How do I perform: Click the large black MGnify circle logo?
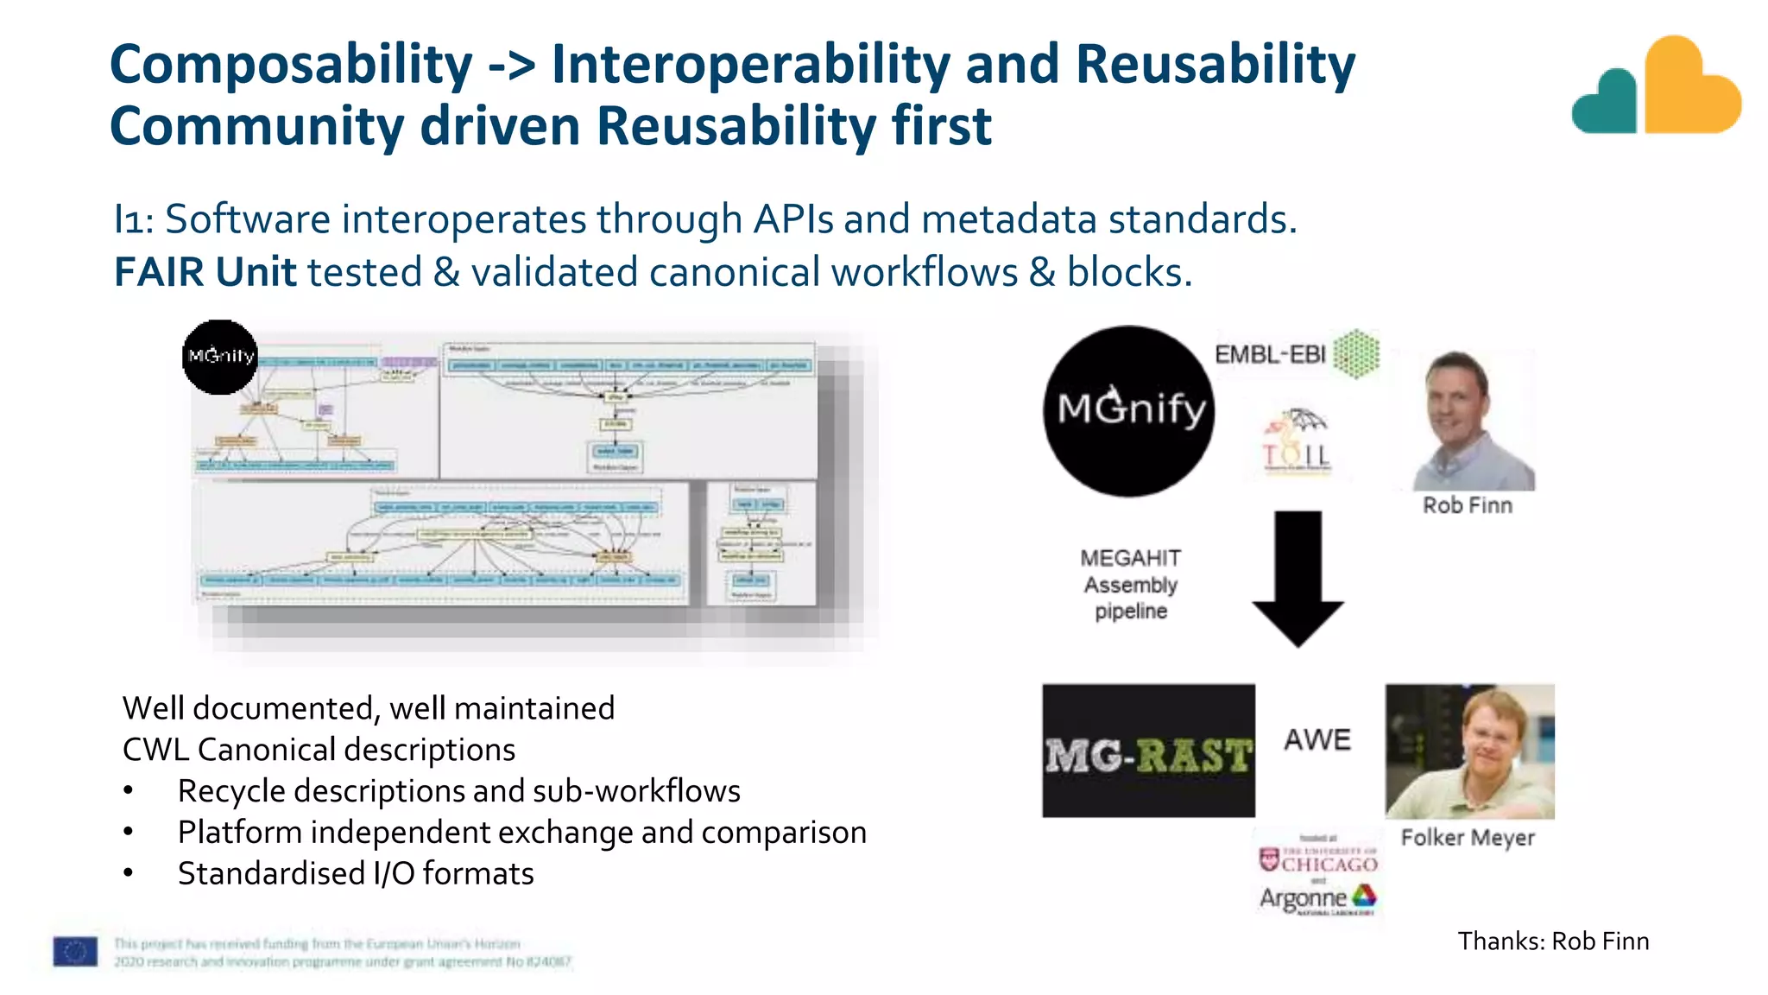1128,411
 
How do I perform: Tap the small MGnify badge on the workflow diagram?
220,357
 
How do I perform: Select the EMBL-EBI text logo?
1269,355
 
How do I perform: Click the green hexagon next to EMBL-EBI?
1356,354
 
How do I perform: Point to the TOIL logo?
1297,442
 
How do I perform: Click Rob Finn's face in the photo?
1460,407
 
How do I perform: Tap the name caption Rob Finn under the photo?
1467,505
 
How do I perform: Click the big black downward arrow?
1298,577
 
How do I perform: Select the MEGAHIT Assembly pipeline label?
1131,585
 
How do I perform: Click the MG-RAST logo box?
1148,751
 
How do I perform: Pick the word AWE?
1317,740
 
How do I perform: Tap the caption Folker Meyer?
1468,838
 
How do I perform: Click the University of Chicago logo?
1317,860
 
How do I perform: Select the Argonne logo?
1317,898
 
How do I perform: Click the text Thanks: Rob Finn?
1553,941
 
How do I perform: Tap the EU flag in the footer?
75,952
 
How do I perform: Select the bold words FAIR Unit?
205,272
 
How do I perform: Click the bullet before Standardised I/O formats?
129,873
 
